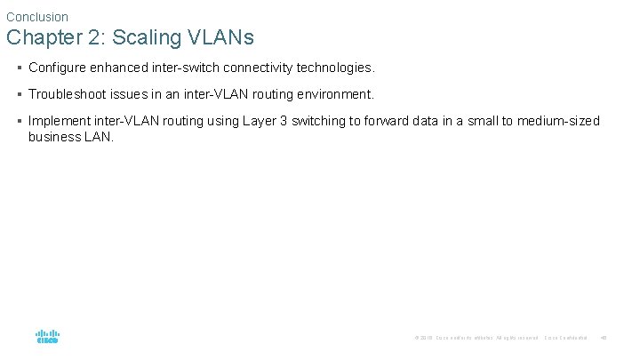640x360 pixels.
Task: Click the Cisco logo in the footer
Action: [47, 337]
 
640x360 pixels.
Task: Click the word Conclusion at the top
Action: [36, 17]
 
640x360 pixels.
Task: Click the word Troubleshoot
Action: [68, 94]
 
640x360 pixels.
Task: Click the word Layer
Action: [259, 121]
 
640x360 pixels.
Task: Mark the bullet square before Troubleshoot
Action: [19, 94]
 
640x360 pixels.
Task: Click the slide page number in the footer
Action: [604, 338]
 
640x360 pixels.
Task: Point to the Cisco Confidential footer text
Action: [566, 338]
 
